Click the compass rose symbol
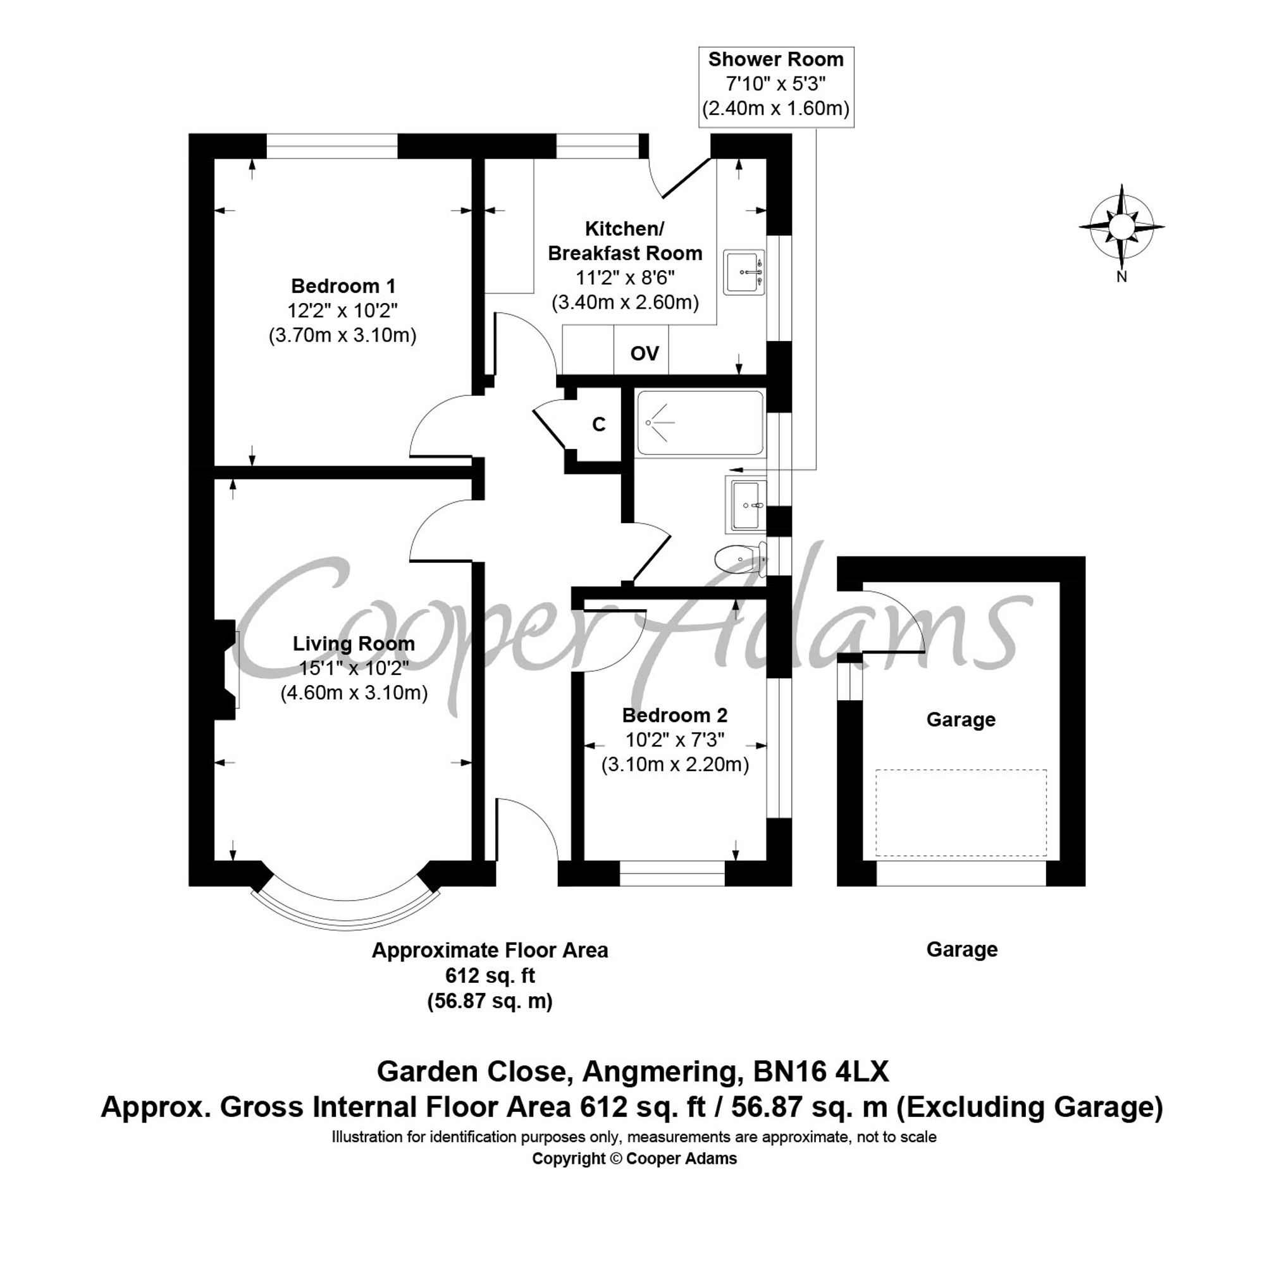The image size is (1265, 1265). click(1121, 226)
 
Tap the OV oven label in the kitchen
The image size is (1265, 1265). click(645, 354)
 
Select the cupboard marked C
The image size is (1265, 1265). click(598, 425)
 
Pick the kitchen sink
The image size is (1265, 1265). click(744, 272)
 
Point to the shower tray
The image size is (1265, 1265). click(700, 423)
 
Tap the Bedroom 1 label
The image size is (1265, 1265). click(343, 286)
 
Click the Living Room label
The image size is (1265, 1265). click(354, 644)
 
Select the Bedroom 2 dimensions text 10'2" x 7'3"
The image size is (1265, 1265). click(674, 740)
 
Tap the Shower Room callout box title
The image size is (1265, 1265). click(775, 59)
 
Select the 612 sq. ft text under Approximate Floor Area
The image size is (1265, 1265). click(490, 975)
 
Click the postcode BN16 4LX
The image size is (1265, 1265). click(821, 1090)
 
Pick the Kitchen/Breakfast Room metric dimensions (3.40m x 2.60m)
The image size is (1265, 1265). click(626, 302)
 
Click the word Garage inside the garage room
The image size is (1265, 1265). click(961, 720)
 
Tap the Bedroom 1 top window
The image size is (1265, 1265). click(332, 145)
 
